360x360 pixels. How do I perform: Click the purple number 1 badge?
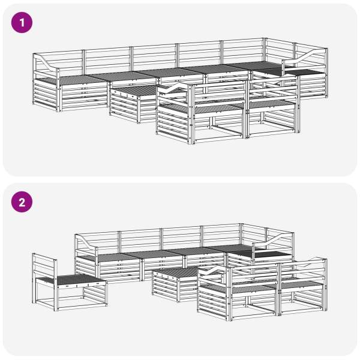[x=22, y=23]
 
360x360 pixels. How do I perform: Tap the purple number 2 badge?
[x=22, y=202]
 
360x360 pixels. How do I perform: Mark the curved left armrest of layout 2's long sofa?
[x=86, y=242]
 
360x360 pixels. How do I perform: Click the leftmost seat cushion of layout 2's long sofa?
[x=108, y=257]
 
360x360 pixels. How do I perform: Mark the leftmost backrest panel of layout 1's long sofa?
[x=59, y=62]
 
